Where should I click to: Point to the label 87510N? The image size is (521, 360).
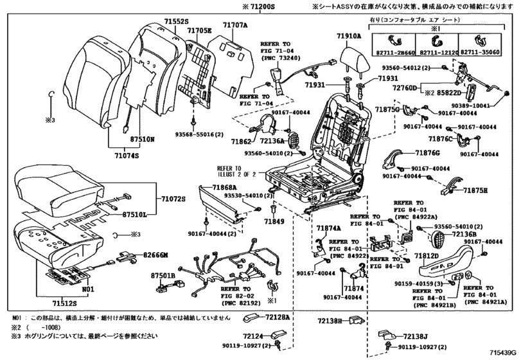point(143,138)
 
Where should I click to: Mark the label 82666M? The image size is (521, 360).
point(155,255)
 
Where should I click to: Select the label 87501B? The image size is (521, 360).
point(163,275)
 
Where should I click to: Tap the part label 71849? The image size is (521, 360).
point(274,222)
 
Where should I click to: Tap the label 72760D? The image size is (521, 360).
point(405,87)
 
